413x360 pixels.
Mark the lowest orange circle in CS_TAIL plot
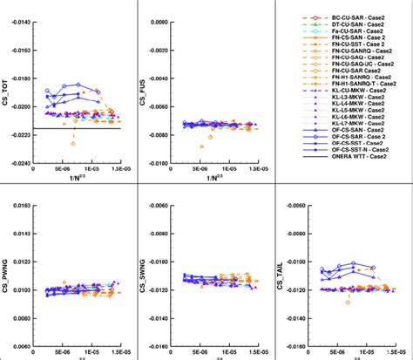tap(348, 302)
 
